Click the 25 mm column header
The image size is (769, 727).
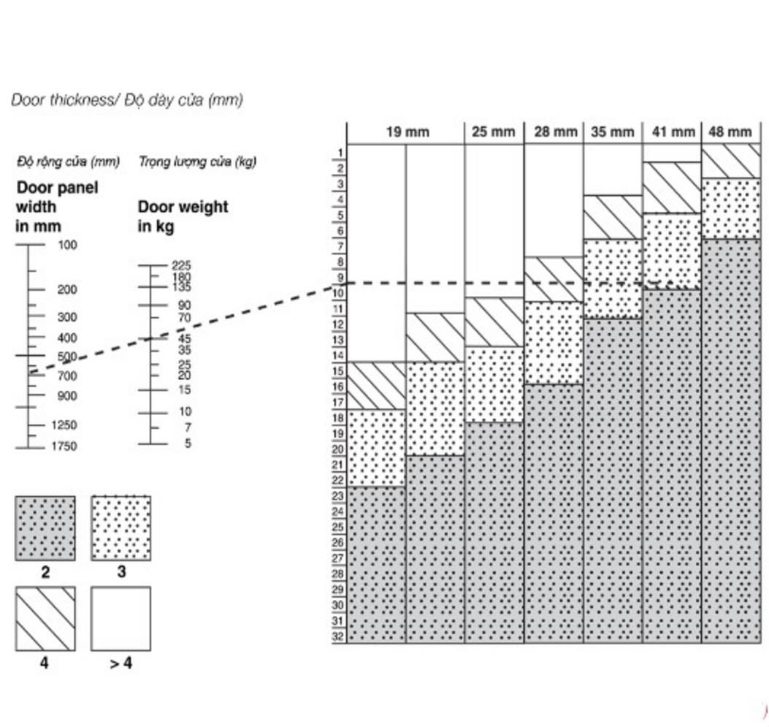pyautogui.click(x=493, y=132)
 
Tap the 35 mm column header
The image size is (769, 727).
pyautogui.click(x=612, y=132)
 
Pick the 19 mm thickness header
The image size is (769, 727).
pyautogui.click(x=408, y=132)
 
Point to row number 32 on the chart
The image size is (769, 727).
pyautogui.click(x=338, y=636)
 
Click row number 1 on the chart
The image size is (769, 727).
pyautogui.click(x=340, y=153)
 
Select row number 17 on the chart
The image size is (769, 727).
pyautogui.click(x=338, y=403)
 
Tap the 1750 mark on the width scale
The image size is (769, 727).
pyautogui.click(x=64, y=446)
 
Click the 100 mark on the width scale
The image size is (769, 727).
pyautogui.click(x=67, y=245)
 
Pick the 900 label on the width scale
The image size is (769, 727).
pyautogui.click(x=67, y=396)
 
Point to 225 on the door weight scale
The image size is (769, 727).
pyautogui.click(x=181, y=266)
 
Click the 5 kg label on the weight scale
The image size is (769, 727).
pyautogui.click(x=188, y=444)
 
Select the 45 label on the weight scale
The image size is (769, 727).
pyautogui.click(x=184, y=338)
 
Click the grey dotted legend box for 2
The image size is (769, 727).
pyautogui.click(x=45, y=528)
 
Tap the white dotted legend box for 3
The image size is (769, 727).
pyautogui.click(x=121, y=528)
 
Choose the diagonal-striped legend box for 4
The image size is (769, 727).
pyautogui.click(x=45, y=618)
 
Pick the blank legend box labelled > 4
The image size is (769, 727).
pyautogui.click(x=121, y=618)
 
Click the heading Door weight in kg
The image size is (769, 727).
pyautogui.click(x=183, y=216)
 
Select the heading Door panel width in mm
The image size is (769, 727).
pyautogui.click(x=57, y=206)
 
